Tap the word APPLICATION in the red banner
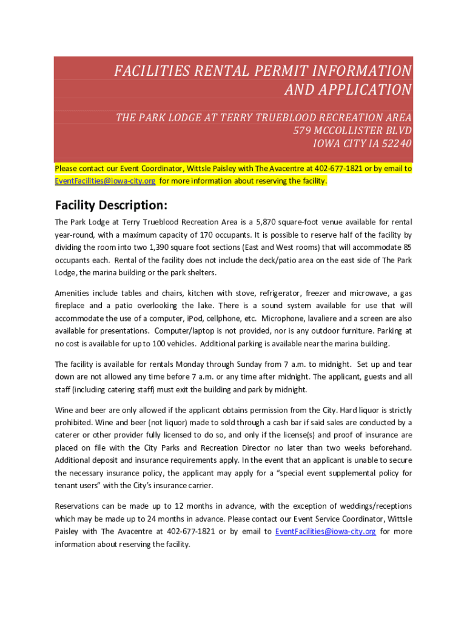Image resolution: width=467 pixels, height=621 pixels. pyautogui.click(x=348, y=90)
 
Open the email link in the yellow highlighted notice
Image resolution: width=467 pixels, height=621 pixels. pyautogui.click(x=105, y=181)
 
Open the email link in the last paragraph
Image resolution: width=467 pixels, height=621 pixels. pyautogui.click(x=325, y=531)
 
